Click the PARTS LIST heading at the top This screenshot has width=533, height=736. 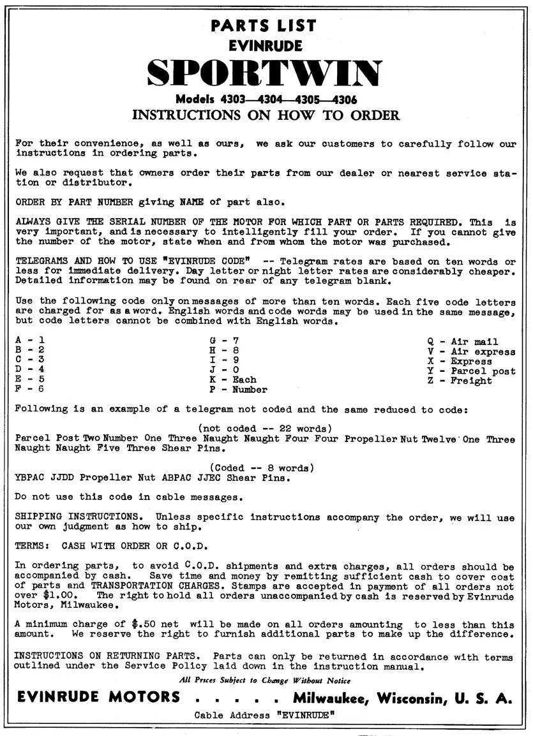pyautogui.click(x=264, y=26)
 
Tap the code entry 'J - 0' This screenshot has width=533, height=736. pyautogui.click(x=220, y=370)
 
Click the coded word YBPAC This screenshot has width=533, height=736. pyautogui.click(x=29, y=477)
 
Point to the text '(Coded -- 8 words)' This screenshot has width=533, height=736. pyautogui.click(x=262, y=467)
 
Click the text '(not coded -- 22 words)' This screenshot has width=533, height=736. pyautogui.click(x=265, y=429)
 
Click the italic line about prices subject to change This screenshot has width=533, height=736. pyautogui.click(x=265, y=680)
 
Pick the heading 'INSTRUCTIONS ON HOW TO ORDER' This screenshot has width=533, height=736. pyautogui.click(x=266, y=115)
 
